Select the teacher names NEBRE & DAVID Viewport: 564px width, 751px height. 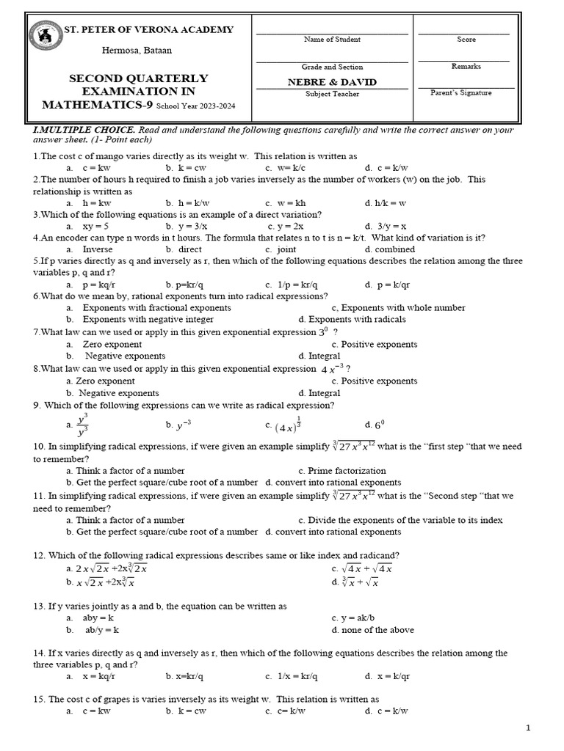pyautogui.click(x=332, y=82)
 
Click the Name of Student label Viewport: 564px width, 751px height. pyautogui.click(x=332, y=40)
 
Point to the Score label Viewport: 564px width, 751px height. pyautogui.click(x=466, y=40)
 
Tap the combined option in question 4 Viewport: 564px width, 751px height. pyautogui.click(x=394, y=249)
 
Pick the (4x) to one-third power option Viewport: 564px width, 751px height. pyautogui.click(x=288, y=425)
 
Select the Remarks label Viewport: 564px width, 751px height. pyautogui.click(x=466, y=67)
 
